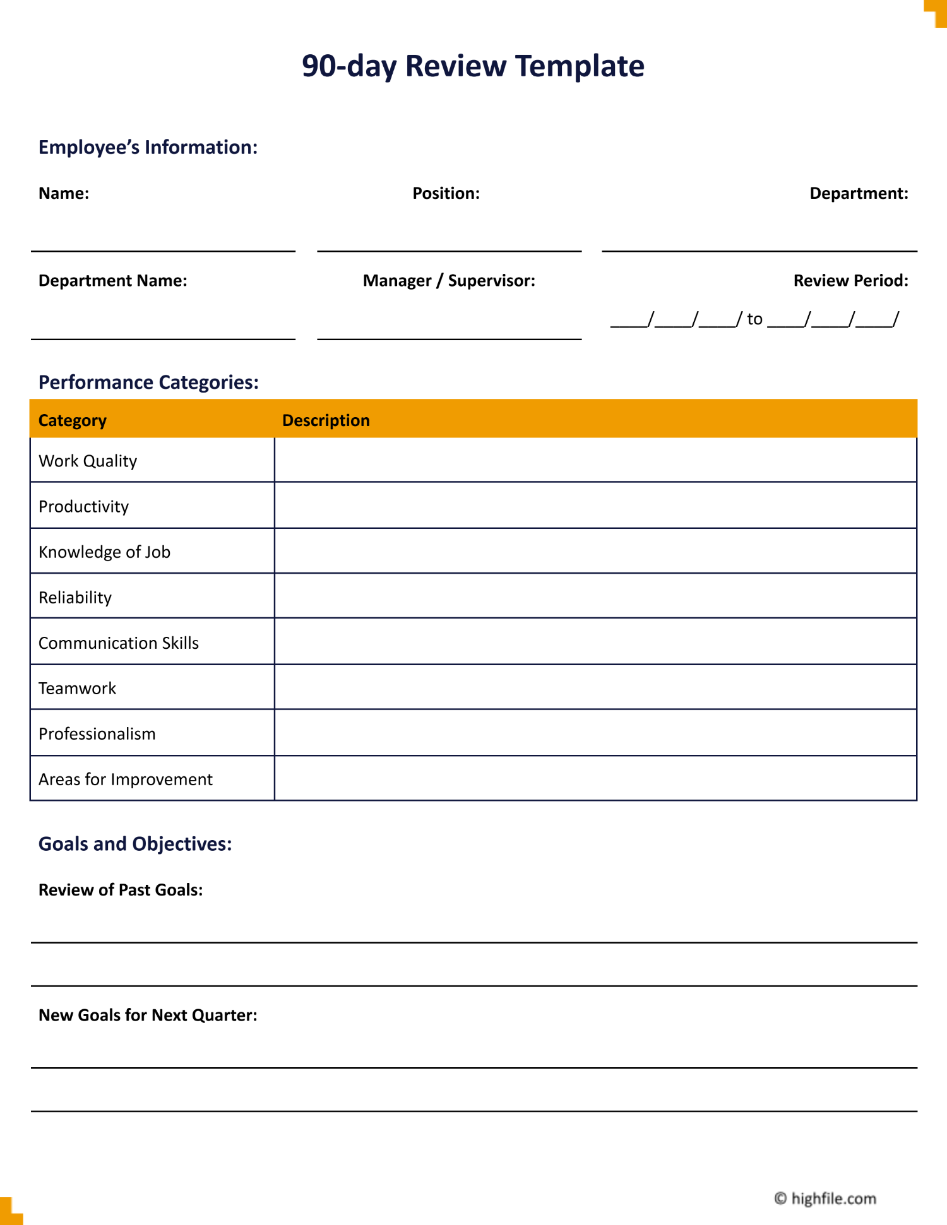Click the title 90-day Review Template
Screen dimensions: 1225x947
473,66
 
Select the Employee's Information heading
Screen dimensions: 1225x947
148,147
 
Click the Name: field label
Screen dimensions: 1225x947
64,193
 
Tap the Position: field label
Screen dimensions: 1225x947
446,193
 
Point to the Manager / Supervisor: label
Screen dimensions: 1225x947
449,280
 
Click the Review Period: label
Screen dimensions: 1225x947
850,280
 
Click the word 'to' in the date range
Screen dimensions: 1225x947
754,319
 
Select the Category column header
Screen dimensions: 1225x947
73,420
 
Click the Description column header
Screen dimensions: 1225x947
326,420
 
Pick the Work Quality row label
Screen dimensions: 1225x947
88,461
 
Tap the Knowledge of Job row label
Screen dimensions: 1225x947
104,552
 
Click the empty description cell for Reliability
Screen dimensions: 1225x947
595,596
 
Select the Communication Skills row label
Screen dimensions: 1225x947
119,642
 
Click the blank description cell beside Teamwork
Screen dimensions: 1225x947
595,687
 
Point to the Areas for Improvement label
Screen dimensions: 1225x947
126,779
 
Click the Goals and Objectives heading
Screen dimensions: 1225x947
135,844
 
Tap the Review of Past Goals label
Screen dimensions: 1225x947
121,890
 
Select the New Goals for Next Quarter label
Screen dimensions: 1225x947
148,1015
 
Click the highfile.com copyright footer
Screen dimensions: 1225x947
825,1198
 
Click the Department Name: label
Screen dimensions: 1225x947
113,280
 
